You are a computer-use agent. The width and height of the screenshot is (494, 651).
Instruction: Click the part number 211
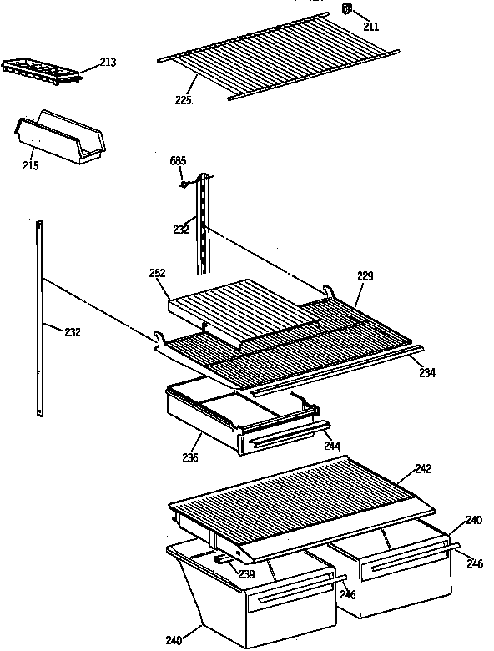(370, 27)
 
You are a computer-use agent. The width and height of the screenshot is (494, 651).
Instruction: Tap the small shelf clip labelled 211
(347, 9)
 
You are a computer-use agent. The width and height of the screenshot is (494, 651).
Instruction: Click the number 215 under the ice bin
(31, 165)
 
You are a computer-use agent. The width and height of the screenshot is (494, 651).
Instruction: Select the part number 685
(178, 160)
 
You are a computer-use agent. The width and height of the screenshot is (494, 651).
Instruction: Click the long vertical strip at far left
(39, 317)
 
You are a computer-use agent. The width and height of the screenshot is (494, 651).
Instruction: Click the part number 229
(365, 275)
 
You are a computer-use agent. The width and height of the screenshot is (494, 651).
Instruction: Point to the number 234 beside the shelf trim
(426, 372)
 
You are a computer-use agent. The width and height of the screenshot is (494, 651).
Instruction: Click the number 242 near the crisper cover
(423, 469)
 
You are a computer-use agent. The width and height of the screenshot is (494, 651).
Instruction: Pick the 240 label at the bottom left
(174, 641)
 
